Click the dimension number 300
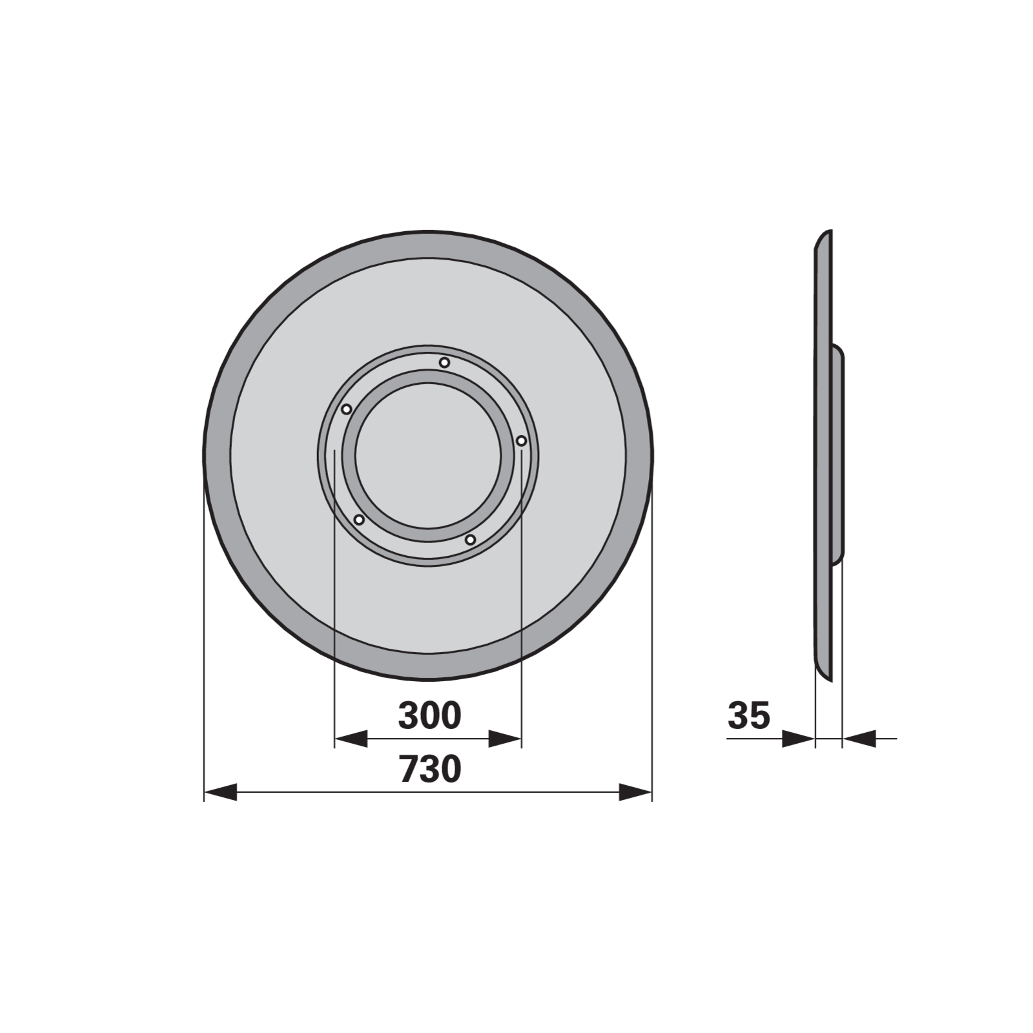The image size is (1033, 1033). pyautogui.click(x=429, y=715)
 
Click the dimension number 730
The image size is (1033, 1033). pyautogui.click(x=429, y=769)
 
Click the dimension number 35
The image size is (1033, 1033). pyautogui.click(x=749, y=715)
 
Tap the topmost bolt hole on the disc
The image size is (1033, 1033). pyautogui.click(x=444, y=362)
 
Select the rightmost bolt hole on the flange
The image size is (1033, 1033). pyautogui.click(x=522, y=441)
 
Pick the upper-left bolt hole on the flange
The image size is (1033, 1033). pyautogui.click(x=346, y=409)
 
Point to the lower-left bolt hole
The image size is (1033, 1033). pyautogui.click(x=359, y=520)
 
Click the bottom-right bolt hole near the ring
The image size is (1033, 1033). pyautogui.click(x=471, y=539)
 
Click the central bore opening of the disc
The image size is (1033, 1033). pyautogui.click(x=427, y=456)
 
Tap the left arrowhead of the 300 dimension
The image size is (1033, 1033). pyautogui.click(x=351, y=739)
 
